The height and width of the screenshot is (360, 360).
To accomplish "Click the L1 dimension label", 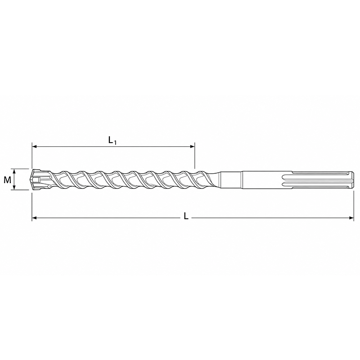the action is point(112,140).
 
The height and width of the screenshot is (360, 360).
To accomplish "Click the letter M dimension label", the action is point(7,180).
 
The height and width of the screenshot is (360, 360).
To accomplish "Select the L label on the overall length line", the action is point(186,216).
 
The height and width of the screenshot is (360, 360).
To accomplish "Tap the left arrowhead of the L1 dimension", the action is point(34,146).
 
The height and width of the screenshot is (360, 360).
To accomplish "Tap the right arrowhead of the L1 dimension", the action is point(192,146).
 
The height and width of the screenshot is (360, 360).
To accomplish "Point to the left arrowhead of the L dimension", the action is point(34,218).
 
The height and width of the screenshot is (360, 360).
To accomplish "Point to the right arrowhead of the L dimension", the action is point(351,218).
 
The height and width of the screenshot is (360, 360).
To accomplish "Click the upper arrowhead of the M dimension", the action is point(14,171).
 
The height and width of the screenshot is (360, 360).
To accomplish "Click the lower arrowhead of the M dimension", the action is point(14,188).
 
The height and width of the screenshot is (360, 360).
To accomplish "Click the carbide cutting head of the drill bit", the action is point(40,180).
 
